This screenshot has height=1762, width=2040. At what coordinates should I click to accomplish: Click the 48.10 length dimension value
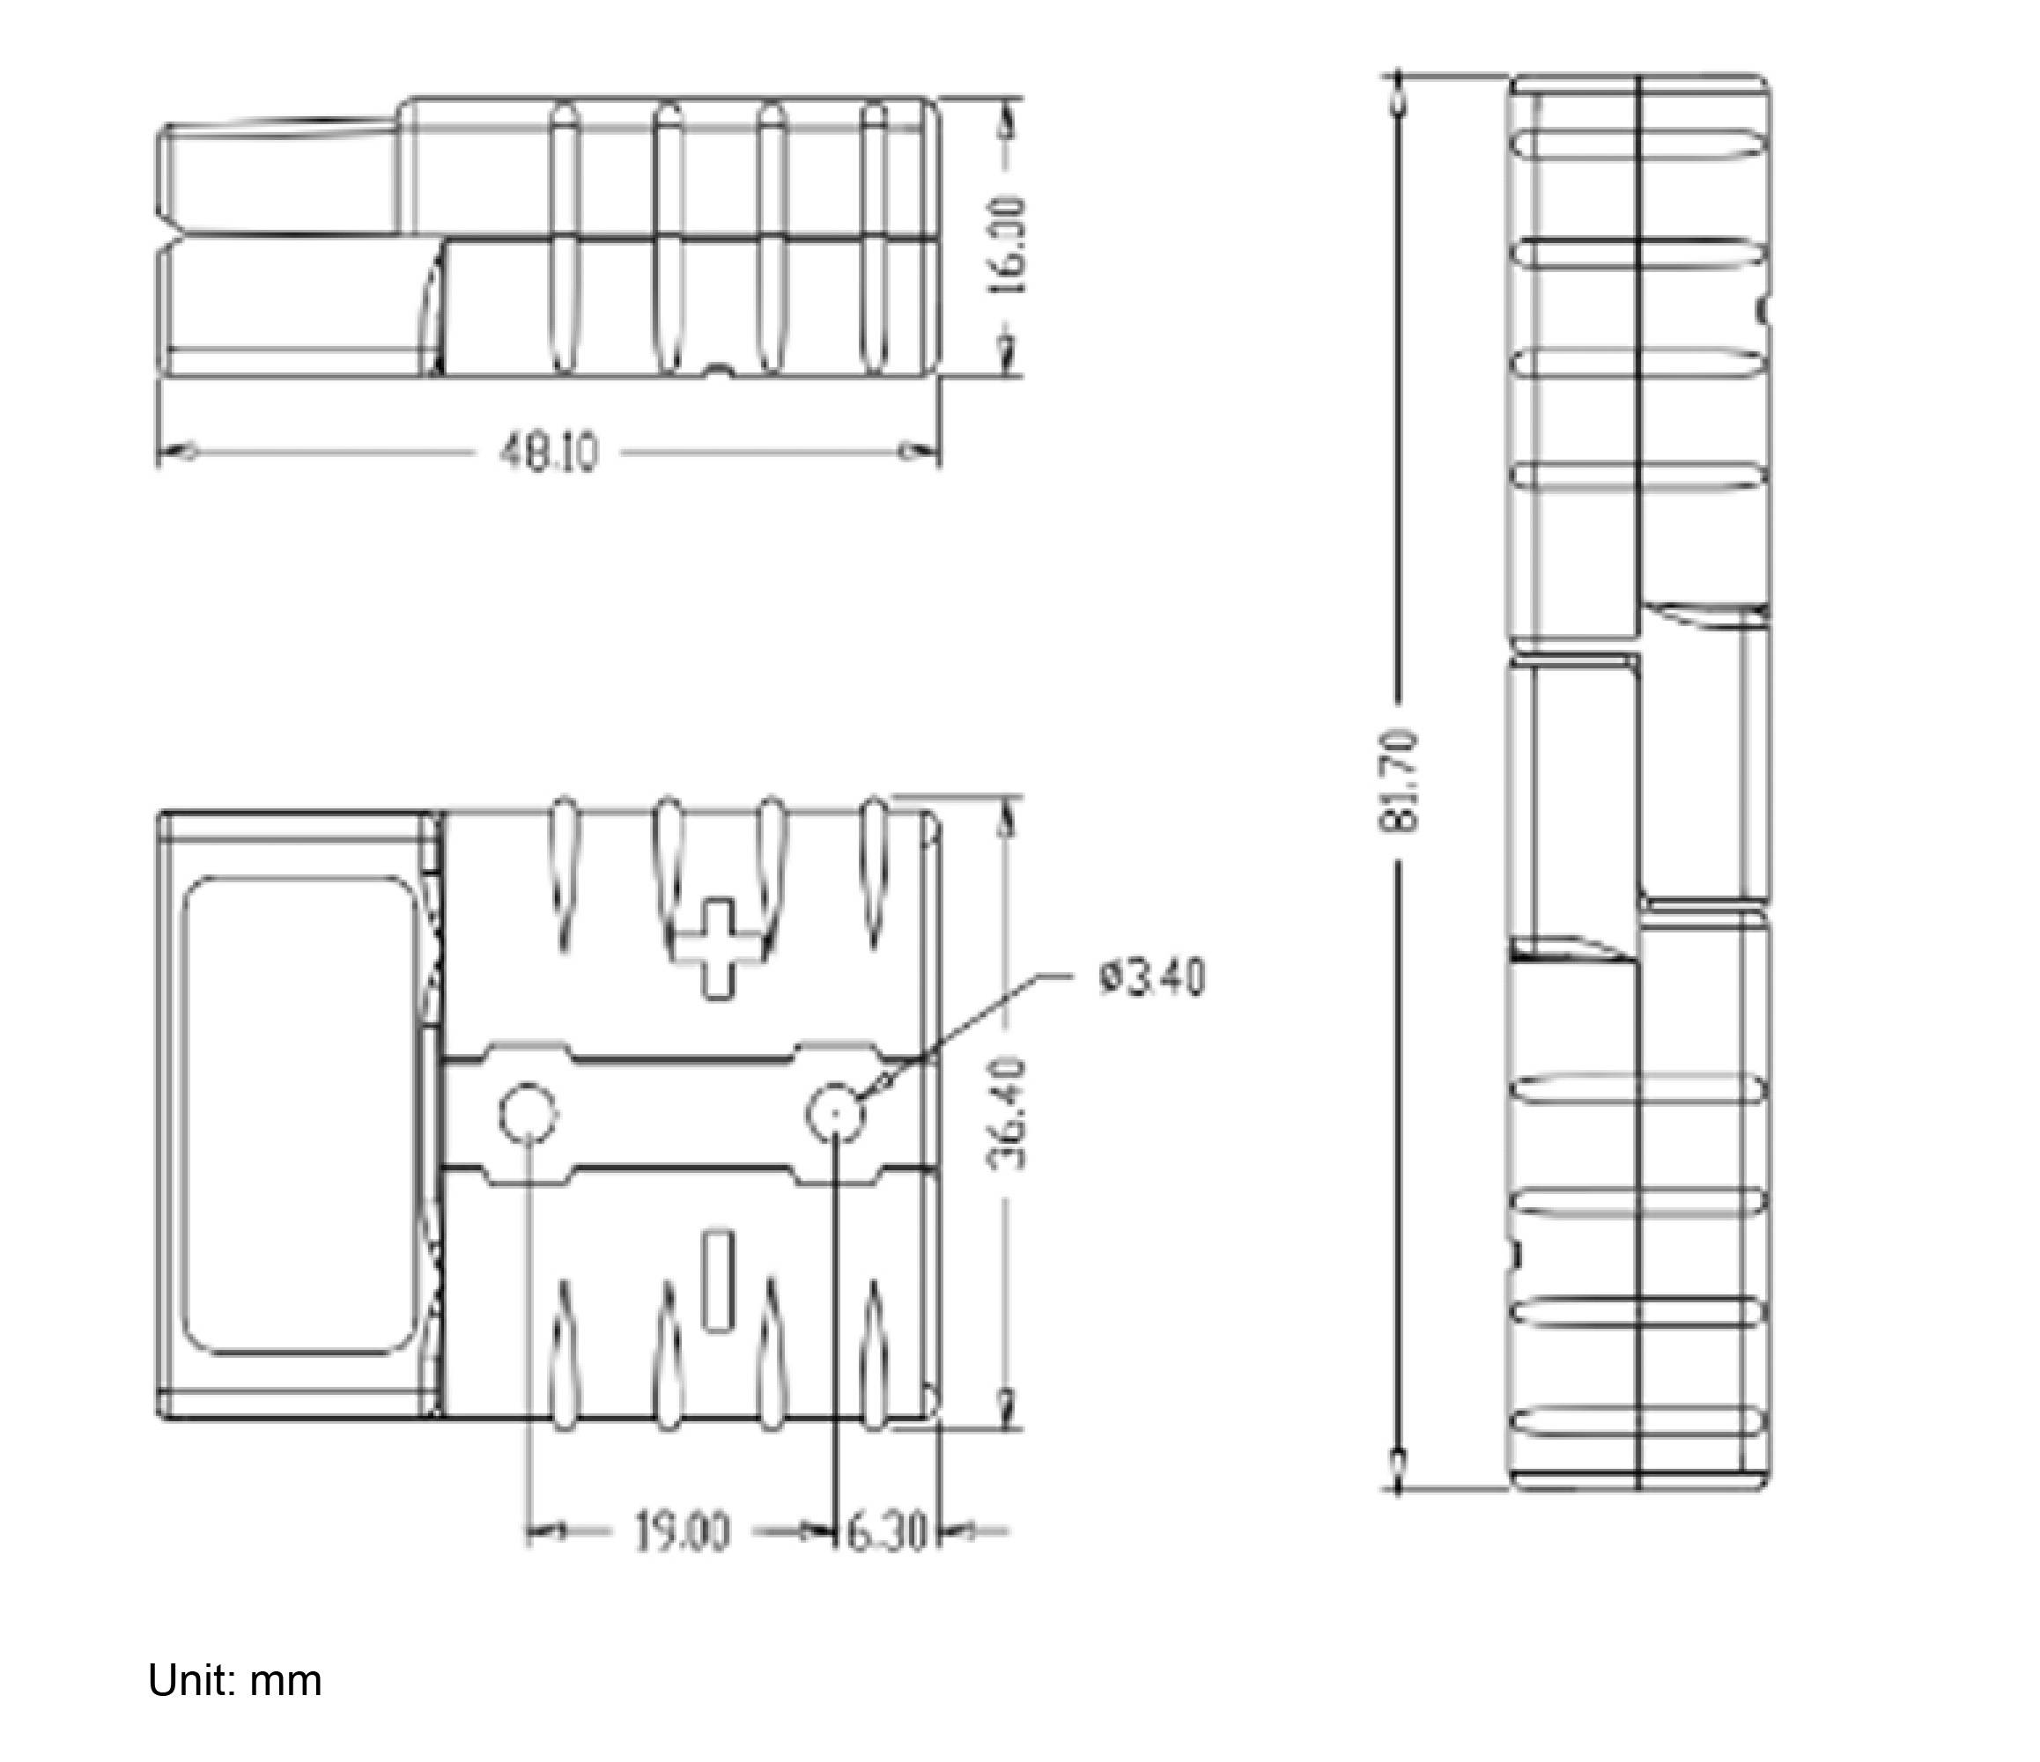pyautogui.click(x=550, y=453)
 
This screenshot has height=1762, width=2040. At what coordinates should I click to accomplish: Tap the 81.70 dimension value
pyautogui.click(x=1399, y=779)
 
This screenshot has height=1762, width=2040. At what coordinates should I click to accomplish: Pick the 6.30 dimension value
pyautogui.click(x=886, y=1533)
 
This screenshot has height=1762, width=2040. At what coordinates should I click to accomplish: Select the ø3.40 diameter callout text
pyautogui.click(x=1151, y=979)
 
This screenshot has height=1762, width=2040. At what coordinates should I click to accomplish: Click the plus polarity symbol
pyautogui.click(x=719, y=949)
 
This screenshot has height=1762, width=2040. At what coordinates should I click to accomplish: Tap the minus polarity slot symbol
pyautogui.click(x=719, y=1279)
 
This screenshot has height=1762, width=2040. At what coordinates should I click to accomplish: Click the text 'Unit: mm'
pyautogui.click(x=234, y=1680)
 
